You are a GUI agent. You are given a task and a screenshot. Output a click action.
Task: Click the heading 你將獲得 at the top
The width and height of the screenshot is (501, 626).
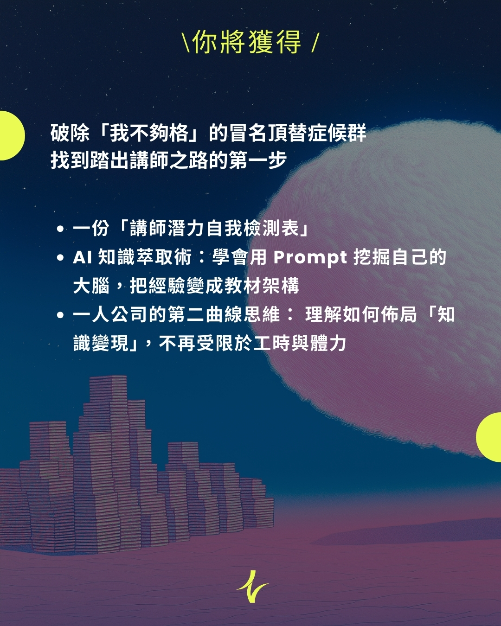(x=246, y=42)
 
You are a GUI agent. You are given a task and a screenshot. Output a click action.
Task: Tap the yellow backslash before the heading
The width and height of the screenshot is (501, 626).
(x=186, y=43)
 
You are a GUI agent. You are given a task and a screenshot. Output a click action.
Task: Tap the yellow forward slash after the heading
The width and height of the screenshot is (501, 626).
(x=315, y=43)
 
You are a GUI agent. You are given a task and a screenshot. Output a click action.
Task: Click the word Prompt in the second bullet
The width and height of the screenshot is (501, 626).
(x=310, y=258)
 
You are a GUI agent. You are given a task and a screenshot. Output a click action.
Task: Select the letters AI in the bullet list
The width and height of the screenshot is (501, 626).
(x=83, y=258)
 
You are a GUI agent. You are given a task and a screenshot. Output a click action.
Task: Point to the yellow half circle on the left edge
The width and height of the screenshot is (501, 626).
(x=12, y=135)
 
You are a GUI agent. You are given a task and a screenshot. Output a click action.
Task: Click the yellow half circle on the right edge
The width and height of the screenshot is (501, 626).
(x=489, y=437)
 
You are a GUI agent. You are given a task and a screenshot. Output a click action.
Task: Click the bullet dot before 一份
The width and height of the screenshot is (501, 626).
(x=60, y=229)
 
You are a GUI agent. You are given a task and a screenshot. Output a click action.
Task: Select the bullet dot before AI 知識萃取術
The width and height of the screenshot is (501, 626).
(x=60, y=258)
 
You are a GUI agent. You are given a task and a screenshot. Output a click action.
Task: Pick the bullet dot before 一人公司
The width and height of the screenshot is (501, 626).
(x=60, y=315)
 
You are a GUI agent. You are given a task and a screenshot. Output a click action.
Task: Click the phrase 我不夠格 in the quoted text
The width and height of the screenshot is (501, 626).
(x=149, y=133)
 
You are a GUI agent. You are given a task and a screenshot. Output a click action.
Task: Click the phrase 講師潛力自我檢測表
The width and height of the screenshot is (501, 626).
(x=214, y=229)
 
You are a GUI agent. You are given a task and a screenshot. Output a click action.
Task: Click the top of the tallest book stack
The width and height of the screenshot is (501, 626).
(x=108, y=377)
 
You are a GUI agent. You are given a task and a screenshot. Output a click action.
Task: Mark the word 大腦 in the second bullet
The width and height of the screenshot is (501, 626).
(x=91, y=286)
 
